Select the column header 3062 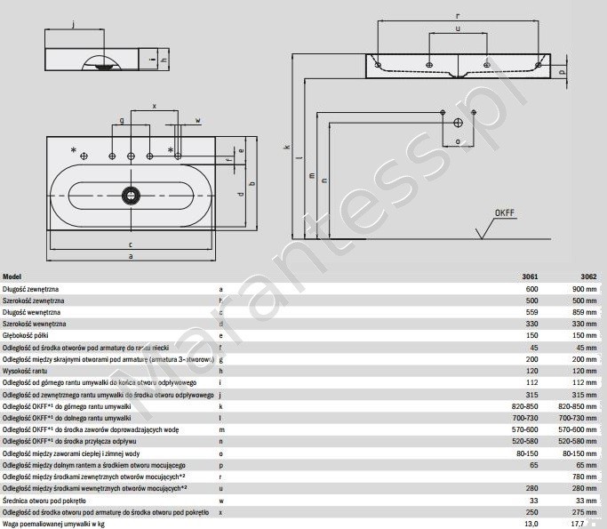pos(587,277)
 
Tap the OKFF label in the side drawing pos(506,213)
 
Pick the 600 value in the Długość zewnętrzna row pos(531,289)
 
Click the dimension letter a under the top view pos(132,256)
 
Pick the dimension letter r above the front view pos(457,16)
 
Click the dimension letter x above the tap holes pos(154,106)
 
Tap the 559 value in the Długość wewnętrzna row pos(531,312)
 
